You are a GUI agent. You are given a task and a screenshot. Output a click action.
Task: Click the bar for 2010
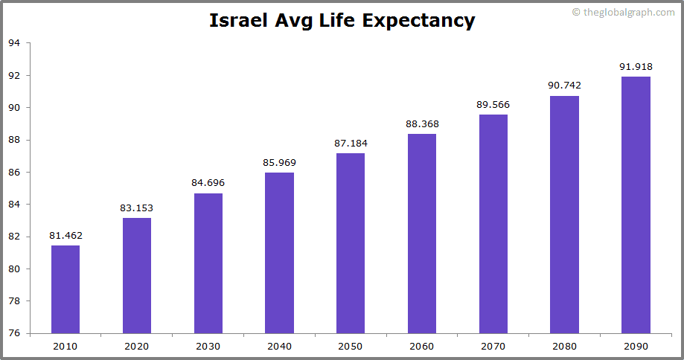65,289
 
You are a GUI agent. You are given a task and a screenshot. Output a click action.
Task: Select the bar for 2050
351,243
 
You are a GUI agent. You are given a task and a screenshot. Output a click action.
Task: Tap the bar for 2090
636,205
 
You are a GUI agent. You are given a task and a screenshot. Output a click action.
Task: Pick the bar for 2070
493,224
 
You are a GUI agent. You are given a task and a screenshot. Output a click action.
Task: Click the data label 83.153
137,208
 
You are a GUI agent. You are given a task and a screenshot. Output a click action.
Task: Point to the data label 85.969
279,163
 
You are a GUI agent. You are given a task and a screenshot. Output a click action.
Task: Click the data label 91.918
636,67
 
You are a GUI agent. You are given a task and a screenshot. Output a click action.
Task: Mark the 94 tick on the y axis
14,43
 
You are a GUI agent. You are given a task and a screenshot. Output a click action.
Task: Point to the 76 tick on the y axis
14,333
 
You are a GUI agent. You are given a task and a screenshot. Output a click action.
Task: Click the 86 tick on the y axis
14,172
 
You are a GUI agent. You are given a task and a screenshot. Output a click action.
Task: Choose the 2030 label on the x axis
208,346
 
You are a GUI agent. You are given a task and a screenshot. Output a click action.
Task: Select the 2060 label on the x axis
422,346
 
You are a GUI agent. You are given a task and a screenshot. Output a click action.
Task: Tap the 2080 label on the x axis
564,346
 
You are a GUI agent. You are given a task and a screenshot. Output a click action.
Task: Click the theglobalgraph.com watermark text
628,13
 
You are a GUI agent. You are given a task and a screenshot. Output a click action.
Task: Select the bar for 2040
279,253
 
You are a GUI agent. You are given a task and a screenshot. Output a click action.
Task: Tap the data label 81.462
65,236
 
